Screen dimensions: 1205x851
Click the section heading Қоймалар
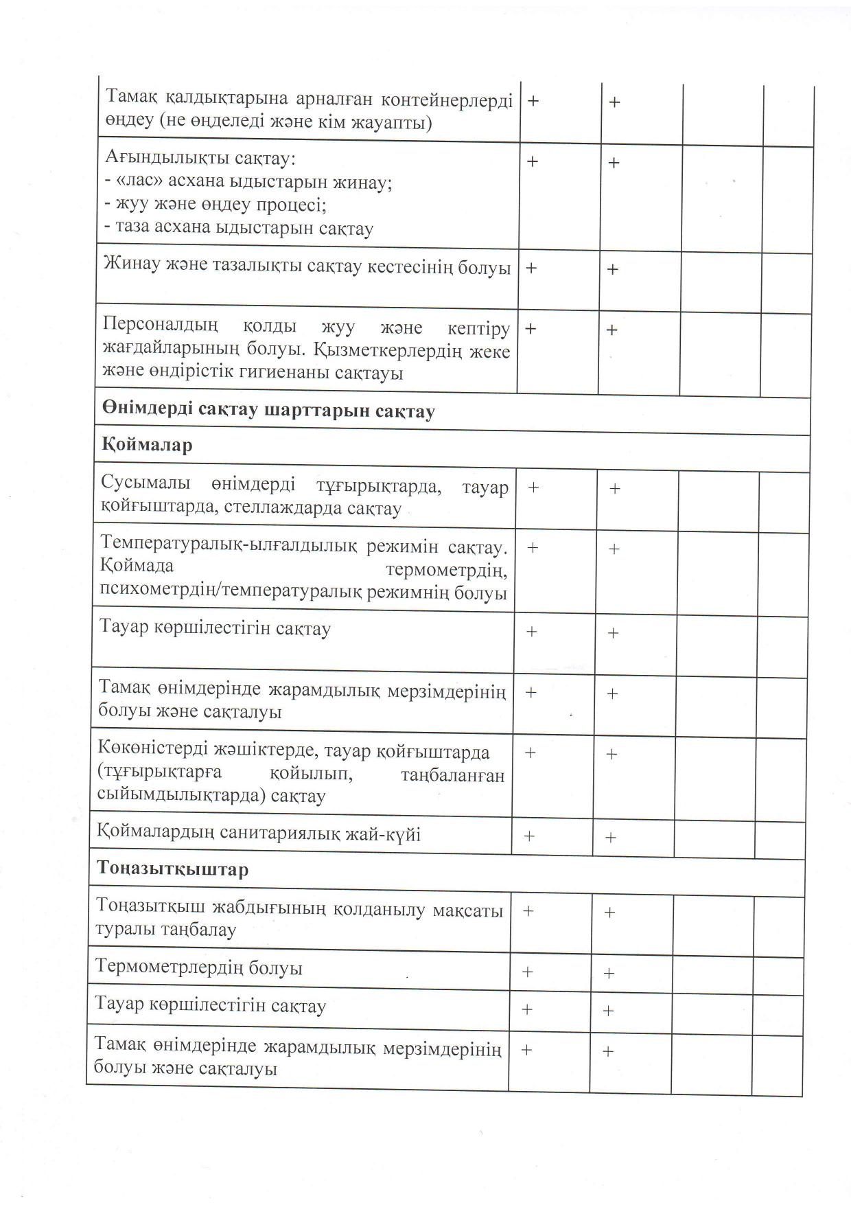147,446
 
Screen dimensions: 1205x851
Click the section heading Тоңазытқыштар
172,869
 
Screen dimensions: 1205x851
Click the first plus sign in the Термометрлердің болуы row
527,972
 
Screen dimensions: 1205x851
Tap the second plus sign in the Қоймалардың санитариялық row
610,838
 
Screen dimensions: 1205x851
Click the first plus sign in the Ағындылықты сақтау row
532,161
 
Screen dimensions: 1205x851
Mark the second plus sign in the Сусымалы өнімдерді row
615,489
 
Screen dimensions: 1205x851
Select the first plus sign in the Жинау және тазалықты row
531,268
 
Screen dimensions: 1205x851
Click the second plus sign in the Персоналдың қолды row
611,330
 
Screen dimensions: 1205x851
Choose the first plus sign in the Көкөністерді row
530,753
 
